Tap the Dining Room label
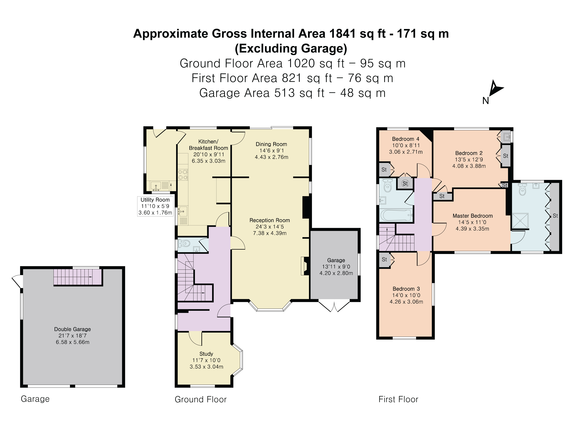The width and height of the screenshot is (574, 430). pyautogui.click(x=271, y=144)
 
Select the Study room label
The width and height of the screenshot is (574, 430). pyautogui.click(x=206, y=354)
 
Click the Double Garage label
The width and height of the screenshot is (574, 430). pyautogui.click(x=72, y=329)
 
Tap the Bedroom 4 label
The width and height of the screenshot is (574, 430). pyautogui.click(x=406, y=139)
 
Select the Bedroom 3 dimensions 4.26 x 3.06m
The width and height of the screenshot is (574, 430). pyautogui.click(x=406, y=302)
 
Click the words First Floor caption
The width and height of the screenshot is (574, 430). pyautogui.click(x=398, y=399)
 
